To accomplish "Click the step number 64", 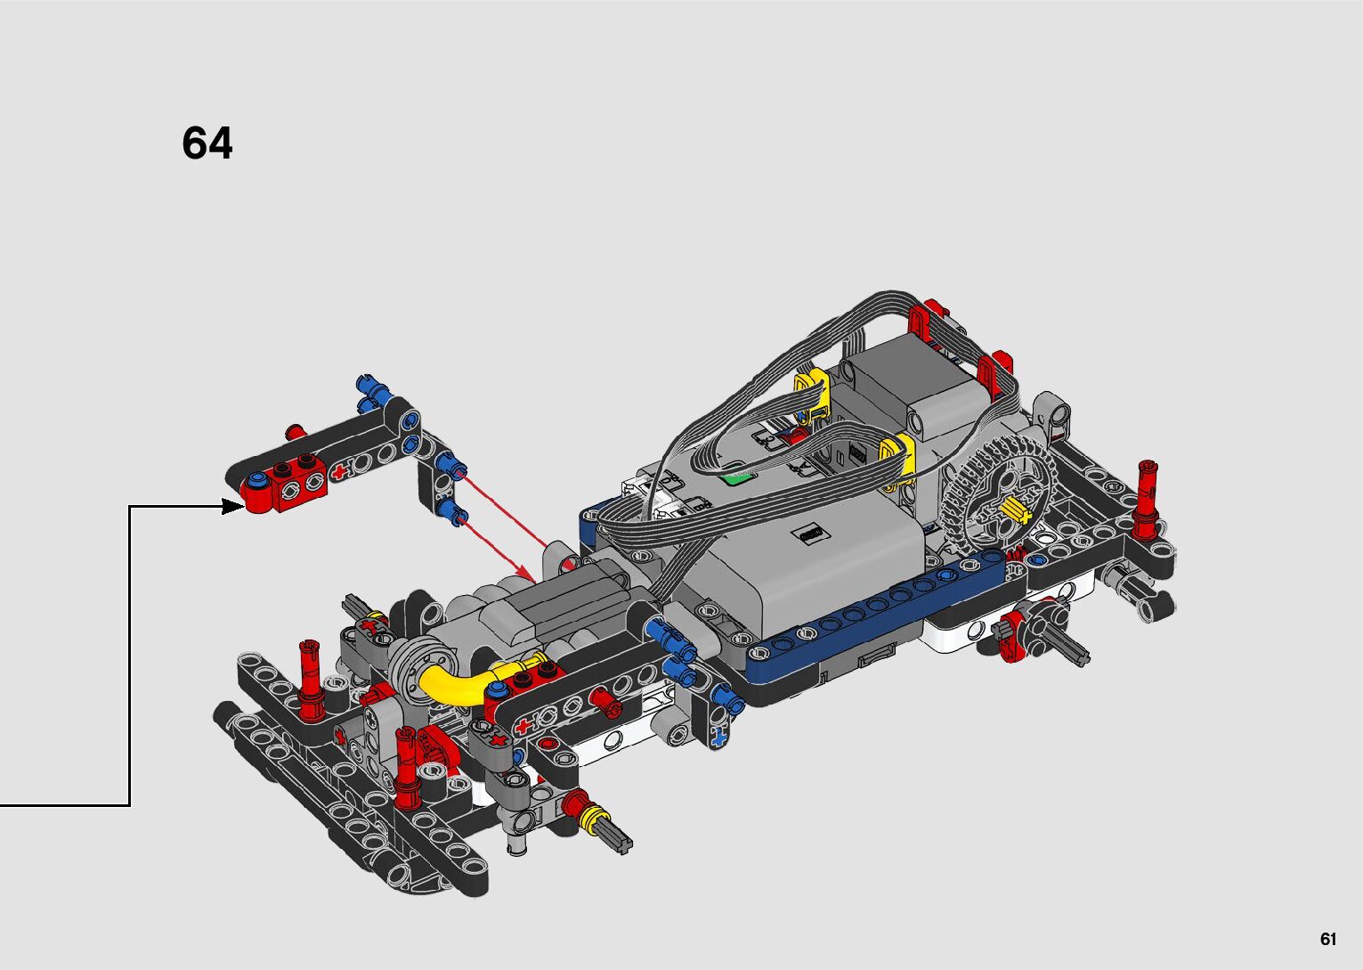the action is [x=207, y=143].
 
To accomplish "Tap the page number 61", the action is [x=1328, y=939].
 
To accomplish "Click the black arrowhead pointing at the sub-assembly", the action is [x=232, y=506].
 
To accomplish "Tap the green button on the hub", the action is [x=737, y=475].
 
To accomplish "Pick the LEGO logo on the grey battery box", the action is [x=810, y=534].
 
